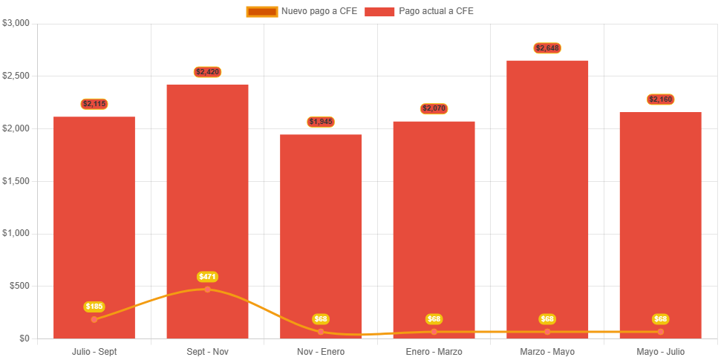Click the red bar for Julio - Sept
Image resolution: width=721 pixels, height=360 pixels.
[94, 223]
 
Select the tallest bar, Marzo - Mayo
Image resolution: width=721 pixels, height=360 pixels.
[547, 193]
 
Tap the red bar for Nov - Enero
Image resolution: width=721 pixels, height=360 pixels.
[321, 230]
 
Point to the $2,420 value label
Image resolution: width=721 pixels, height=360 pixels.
[208, 72]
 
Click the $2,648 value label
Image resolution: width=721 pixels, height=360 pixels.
[547, 48]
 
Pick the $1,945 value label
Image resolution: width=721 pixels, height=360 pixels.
[321, 122]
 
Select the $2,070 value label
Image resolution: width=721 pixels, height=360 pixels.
[434, 108]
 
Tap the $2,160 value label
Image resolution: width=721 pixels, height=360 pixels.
[661, 99]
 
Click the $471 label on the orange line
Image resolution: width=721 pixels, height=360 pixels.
[208, 277]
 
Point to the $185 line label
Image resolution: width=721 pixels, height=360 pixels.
[94, 307]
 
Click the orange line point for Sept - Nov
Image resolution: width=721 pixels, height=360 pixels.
[208, 289]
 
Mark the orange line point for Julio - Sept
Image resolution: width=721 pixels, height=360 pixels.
[94, 319]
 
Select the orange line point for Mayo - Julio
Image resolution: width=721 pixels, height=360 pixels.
[661, 332]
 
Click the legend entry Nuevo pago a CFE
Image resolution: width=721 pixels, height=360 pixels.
[302, 11]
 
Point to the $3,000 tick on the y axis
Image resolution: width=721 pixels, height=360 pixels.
[16, 23]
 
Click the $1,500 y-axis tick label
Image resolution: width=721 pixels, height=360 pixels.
[16, 181]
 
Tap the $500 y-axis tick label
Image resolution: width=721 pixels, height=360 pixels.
[19, 286]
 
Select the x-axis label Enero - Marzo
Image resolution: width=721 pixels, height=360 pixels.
[434, 351]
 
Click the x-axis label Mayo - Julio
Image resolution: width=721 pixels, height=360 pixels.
[661, 351]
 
